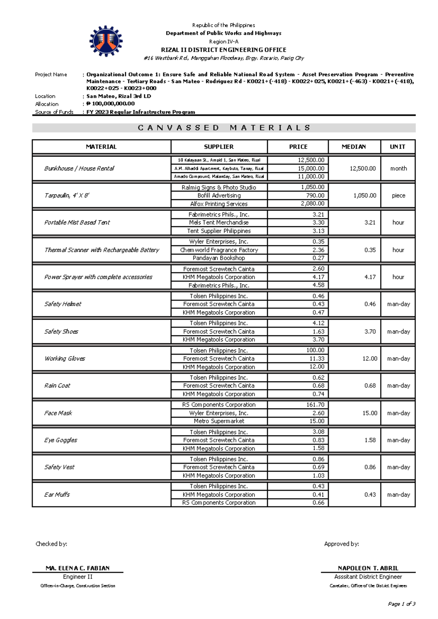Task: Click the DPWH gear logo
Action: [106, 41]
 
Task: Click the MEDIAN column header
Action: [353, 147]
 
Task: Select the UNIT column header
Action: [397, 147]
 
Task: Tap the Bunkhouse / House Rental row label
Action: [79, 168]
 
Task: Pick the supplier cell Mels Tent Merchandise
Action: [219, 223]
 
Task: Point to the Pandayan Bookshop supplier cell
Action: [219, 258]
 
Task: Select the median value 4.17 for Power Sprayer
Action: [370, 277]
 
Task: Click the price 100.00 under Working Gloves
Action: [315, 350]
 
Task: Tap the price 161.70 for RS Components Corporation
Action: [315, 405]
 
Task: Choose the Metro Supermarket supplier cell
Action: [219, 421]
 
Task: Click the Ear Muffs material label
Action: [57, 495]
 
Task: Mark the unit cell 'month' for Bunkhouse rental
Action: [398, 169]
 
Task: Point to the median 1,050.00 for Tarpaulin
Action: [364, 196]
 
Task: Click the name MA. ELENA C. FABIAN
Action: [77, 568]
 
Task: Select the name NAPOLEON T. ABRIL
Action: [368, 568]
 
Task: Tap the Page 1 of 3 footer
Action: [401, 604]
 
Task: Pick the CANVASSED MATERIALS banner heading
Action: [224, 128]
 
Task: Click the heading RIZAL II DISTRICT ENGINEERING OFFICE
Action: [223, 50]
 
